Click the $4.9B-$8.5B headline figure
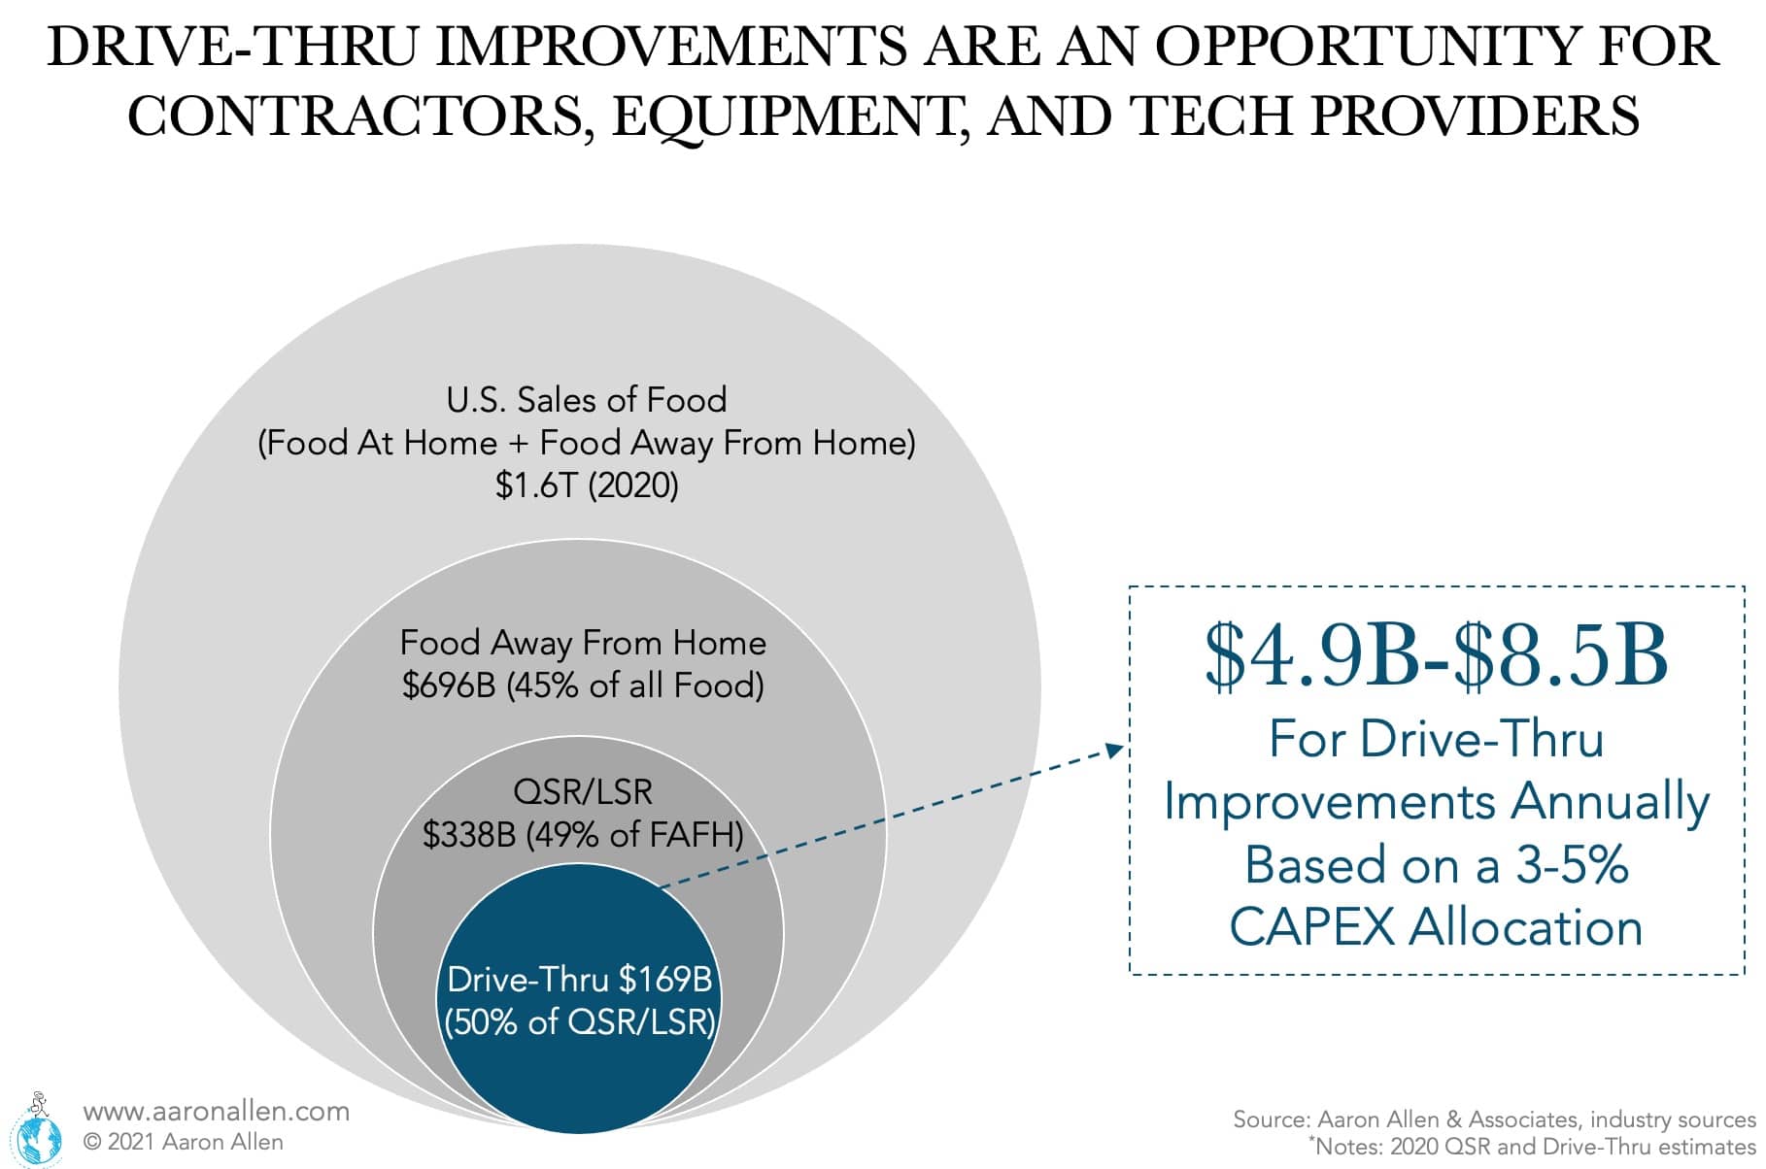[1436, 657]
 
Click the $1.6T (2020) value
[587, 484]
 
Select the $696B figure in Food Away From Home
[448, 685]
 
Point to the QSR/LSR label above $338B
[583, 792]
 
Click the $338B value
[469, 834]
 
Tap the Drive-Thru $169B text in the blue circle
[580, 979]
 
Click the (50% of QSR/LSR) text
[580, 1021]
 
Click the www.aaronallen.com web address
[216, 1111]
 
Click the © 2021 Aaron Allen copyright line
[184, 1142]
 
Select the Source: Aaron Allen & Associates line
[1494, 1119]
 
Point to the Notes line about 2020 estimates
[1532, 1146]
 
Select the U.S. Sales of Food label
[587, 400]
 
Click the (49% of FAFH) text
[635, 834]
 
